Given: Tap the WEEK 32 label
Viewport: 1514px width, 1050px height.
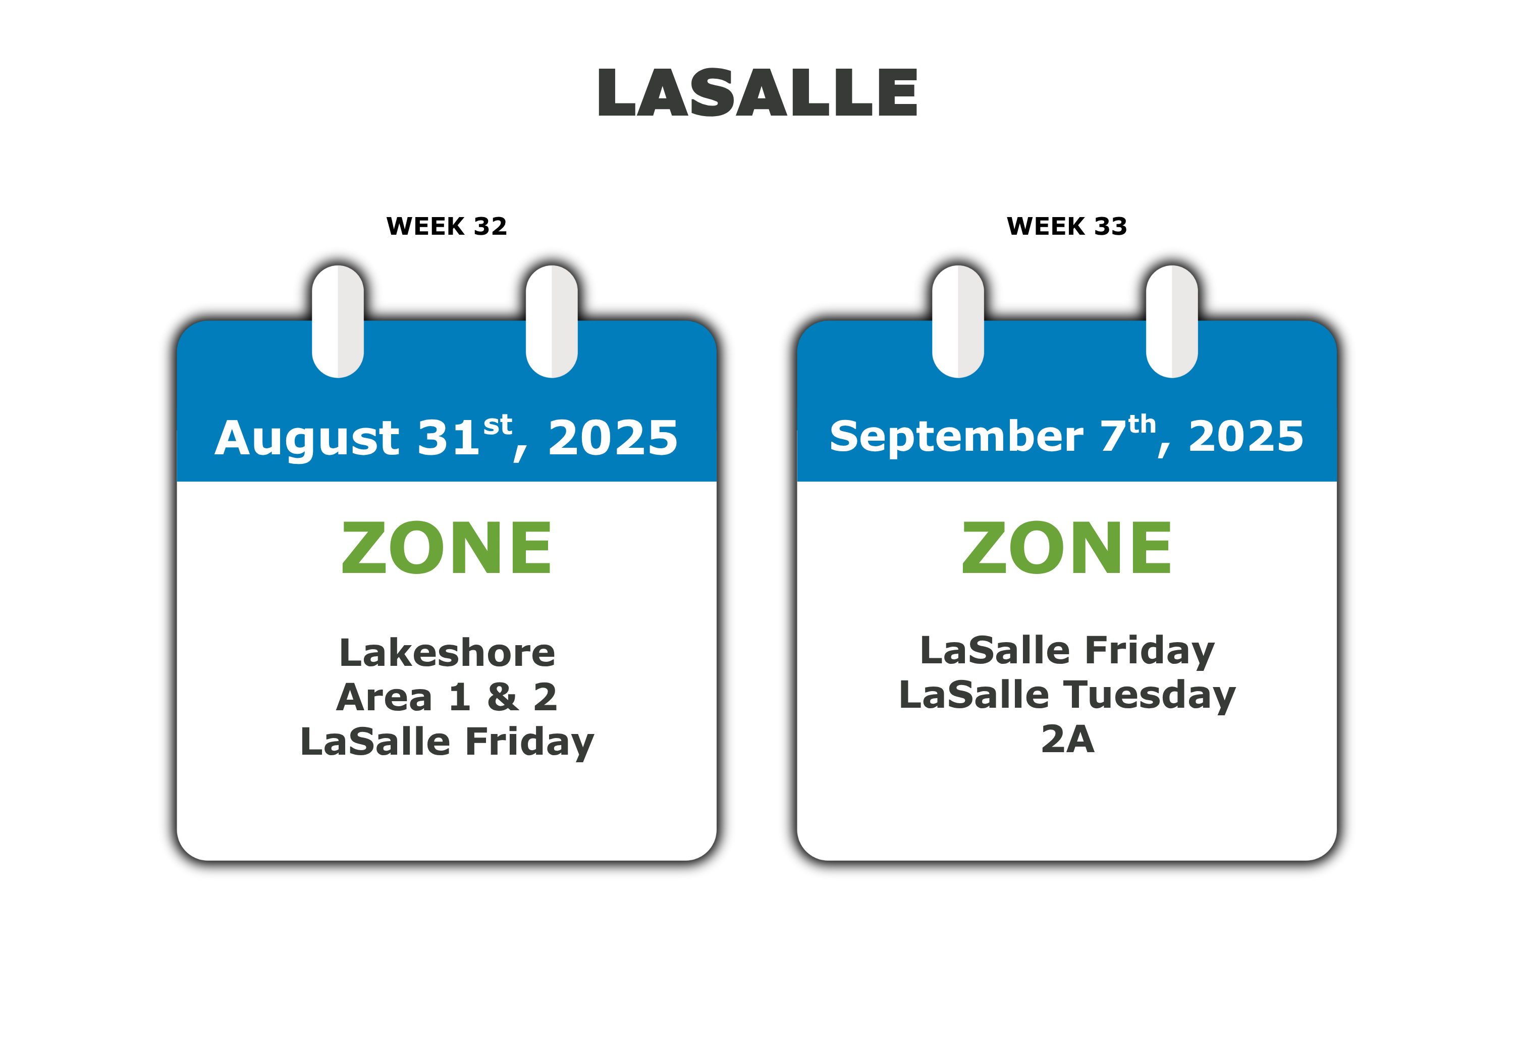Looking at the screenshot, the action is (447, 226).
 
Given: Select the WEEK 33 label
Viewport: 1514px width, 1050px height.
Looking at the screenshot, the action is (1067, 226).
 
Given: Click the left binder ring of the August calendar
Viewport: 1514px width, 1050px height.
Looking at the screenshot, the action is (338, 321).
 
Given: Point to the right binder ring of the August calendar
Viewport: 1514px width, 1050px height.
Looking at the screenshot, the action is (552, 321).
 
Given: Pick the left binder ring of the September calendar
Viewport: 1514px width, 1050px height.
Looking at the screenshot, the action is (958, 321).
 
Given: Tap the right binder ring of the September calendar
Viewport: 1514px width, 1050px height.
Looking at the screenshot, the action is (1172, 321).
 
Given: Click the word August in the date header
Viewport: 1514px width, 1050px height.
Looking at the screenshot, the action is (307, 440).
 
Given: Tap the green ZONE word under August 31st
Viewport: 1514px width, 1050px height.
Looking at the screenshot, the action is (447, 547).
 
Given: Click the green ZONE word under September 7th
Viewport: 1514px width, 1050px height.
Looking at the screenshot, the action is (1067, 547).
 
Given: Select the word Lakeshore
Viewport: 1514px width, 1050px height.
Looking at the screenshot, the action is (447, 653).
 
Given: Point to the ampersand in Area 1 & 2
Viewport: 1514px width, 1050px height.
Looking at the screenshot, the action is (503, 697).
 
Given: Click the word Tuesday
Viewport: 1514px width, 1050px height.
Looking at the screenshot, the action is (1150, 696).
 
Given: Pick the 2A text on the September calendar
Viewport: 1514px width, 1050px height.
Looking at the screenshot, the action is (1068, 739).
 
